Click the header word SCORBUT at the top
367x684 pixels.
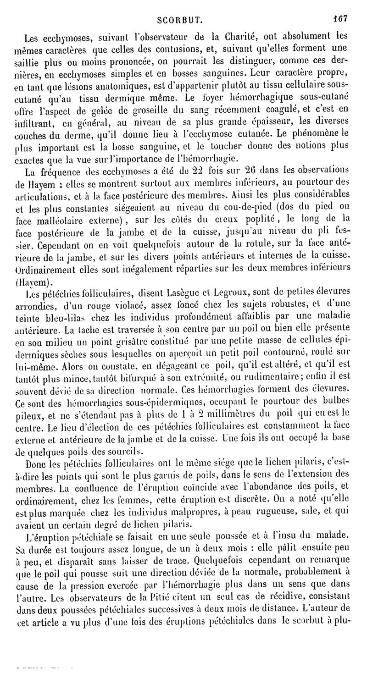180,20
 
